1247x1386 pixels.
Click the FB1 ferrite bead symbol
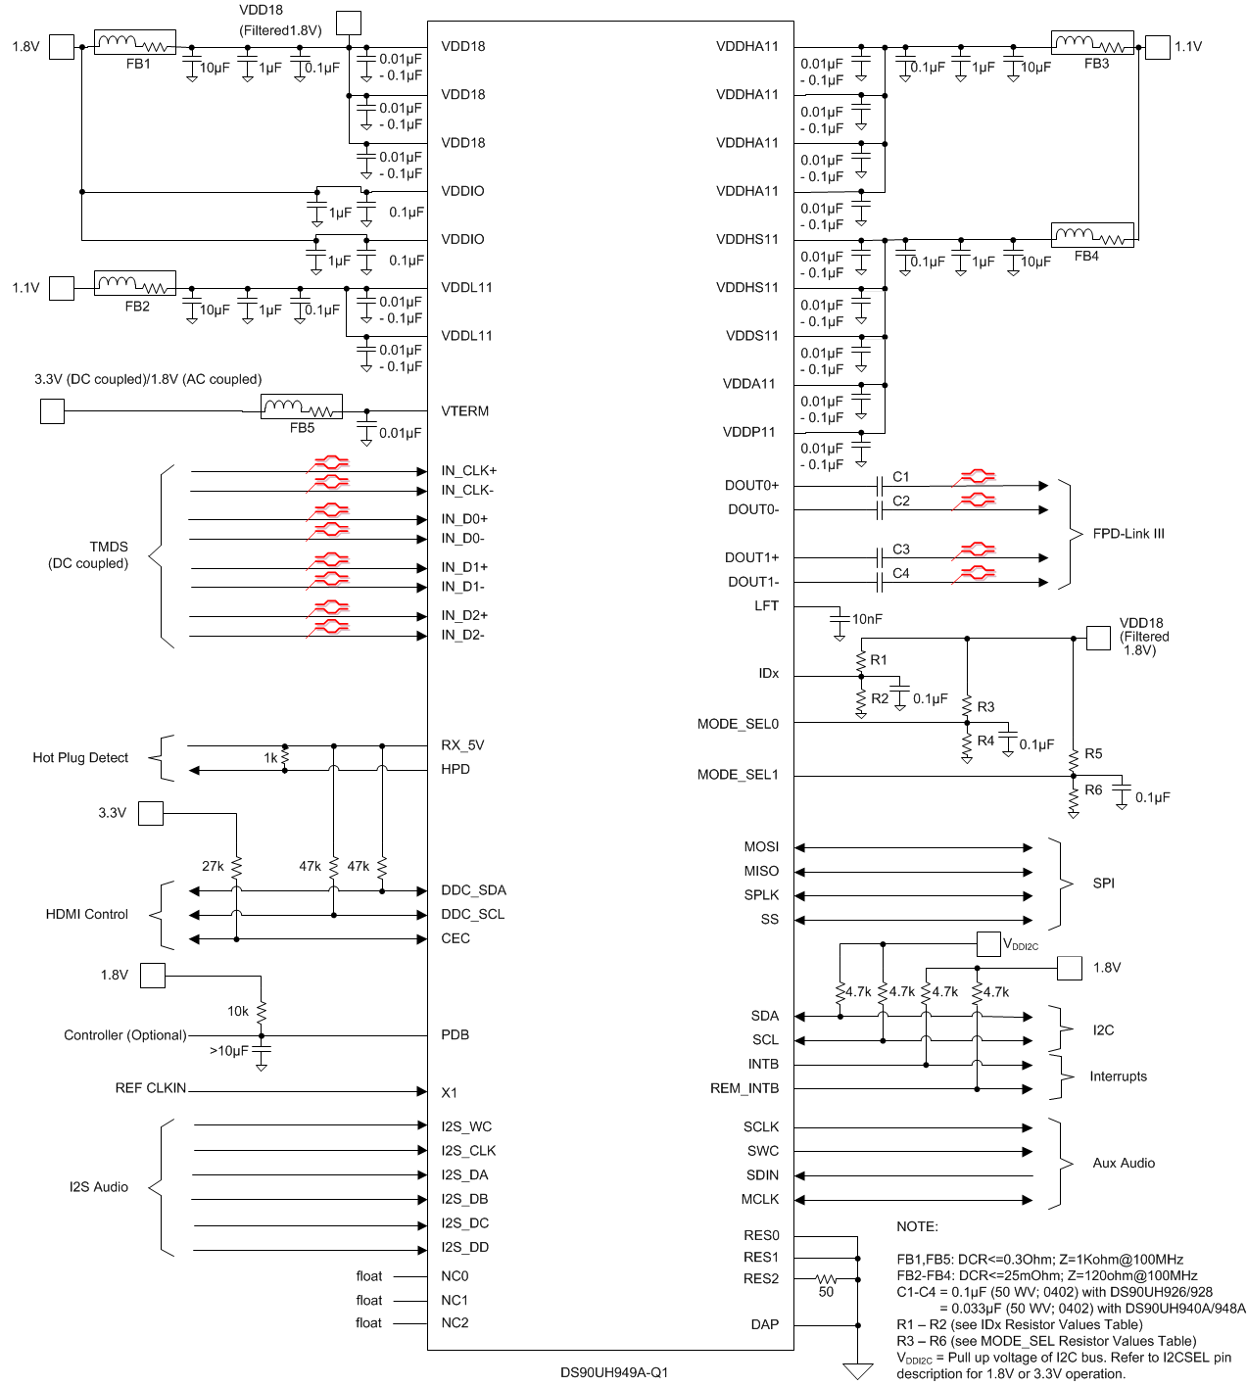pos(135,43)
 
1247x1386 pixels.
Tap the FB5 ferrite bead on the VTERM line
pos(302,406)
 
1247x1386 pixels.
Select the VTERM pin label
pos(464,411)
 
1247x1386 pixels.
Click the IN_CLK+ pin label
pos(468,470)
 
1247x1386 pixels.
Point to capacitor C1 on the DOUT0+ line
pos(880,486)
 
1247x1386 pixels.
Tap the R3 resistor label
pos(985,707)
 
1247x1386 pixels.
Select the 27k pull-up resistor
pos(236,867)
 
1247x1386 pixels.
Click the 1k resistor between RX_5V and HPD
pos(285,759)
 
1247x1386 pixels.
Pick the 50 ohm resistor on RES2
pos(826,1279)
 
